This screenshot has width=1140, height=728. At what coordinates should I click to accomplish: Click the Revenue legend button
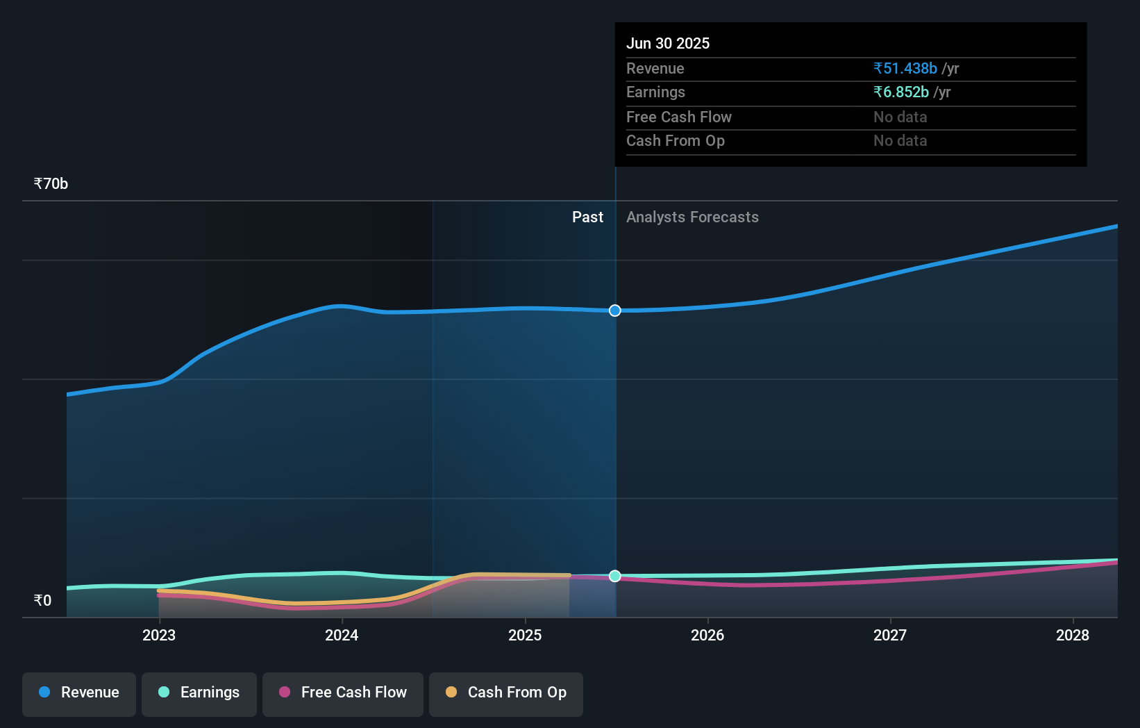[79, 693]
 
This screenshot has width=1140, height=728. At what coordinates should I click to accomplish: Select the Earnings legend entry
[199, 693]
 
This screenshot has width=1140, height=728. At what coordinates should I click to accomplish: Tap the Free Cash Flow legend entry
[343, 693]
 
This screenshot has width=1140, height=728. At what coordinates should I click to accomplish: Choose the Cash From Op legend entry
[506, 693]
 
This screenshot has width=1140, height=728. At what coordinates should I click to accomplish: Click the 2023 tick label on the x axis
[159, 635]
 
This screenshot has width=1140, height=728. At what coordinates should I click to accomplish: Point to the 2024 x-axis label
[342, 635]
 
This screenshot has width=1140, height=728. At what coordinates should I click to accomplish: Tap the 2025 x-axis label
[525, 635]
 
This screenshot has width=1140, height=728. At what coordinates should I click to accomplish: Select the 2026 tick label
[707, 635]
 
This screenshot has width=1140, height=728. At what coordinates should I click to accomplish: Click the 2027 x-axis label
[890, 635]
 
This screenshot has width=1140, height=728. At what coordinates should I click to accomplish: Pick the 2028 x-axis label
[1073, 635]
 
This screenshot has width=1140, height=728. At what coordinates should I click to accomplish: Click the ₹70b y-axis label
[51, 184]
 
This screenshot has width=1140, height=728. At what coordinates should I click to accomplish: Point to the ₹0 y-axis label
[43, 601]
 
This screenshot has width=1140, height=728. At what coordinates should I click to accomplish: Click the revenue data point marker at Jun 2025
[615, 311]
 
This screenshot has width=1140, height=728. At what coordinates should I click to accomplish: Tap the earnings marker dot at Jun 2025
[615, 576]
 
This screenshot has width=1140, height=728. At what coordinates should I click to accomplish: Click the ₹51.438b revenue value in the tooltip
[905, 69]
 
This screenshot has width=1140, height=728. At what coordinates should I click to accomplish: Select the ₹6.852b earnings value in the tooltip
[901, 92]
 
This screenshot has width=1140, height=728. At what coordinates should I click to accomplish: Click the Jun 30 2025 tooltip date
[668, 44]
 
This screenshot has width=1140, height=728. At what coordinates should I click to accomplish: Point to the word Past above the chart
[587, 217]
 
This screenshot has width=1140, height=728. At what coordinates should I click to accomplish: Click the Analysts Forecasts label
[692, 217]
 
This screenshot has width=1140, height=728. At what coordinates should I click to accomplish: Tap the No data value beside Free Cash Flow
[900, 117]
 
